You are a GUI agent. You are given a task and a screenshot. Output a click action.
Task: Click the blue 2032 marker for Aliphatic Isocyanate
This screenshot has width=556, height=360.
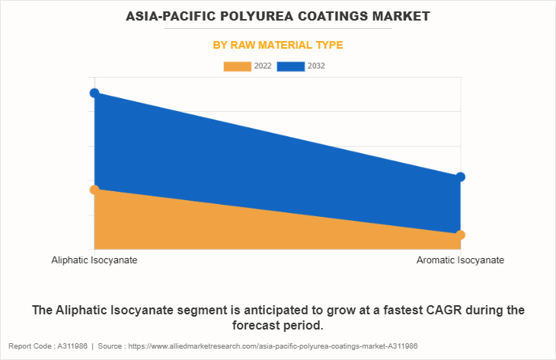tap(94, 93)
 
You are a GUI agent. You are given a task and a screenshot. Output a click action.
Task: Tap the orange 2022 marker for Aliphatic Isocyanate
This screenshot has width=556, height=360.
tap(94, 190)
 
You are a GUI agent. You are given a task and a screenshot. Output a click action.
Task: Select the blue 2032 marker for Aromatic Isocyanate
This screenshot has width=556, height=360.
tap(460, 177)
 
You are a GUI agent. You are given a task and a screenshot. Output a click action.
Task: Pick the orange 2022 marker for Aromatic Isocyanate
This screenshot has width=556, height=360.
tap(460, 234)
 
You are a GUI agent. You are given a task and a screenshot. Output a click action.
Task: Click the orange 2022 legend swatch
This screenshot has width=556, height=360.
tap(237, 66)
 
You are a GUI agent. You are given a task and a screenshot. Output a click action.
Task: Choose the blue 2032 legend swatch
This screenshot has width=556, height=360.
tap(290, 66)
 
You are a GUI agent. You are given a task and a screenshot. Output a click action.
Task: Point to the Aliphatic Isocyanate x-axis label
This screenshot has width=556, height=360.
tap(94, 260)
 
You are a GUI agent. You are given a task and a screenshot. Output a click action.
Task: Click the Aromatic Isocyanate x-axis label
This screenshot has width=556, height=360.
tap(460, 260)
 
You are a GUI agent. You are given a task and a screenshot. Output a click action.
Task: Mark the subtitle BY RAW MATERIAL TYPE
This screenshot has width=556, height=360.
tap(278, 45)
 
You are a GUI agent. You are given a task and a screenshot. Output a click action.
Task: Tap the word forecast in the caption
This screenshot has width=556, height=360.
tap(255, 326)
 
